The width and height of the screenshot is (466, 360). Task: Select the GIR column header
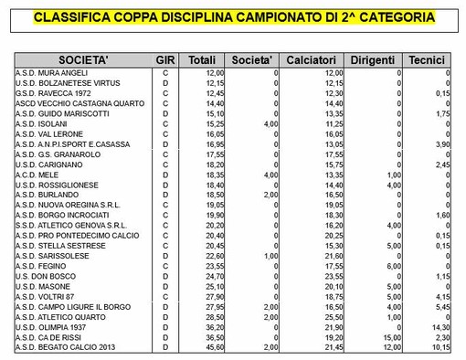pos(164,59)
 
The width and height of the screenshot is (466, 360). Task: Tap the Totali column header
pos(202,59)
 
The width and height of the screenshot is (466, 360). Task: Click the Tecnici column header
pos(428,59)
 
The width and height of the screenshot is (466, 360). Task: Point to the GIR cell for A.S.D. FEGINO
pos(164,266)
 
